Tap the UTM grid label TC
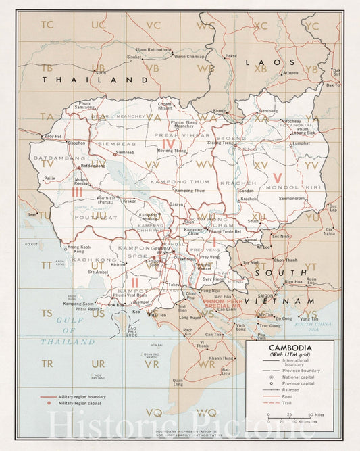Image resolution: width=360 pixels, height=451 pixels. [x=47, y=26]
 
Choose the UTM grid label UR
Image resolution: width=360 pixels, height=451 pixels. [x=99, y=363]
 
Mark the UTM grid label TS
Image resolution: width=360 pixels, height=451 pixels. [x=47, y=313]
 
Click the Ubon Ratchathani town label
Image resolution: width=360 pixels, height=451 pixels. [x=154, y=49]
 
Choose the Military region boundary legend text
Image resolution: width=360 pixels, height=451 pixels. [x=82, y=396]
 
